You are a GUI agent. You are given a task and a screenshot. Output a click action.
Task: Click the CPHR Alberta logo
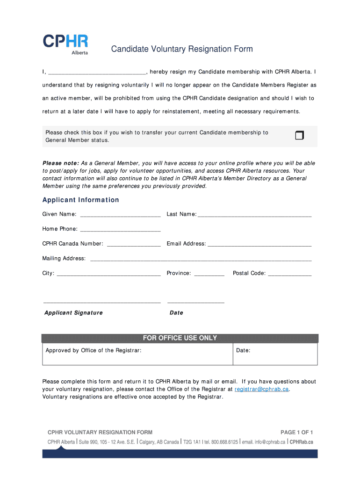point(65,44)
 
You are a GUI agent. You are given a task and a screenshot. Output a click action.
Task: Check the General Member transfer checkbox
point(299,136)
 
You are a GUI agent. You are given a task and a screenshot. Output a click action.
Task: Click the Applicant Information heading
point(80,200)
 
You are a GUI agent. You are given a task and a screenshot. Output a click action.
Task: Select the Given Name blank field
point(120,214)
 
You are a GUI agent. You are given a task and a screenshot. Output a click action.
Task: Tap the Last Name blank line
point(254,214)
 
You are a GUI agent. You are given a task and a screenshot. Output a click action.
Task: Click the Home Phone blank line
point(120,229)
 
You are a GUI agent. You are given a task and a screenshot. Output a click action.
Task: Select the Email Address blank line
point(259,244)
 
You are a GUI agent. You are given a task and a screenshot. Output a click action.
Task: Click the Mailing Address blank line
point(201,259)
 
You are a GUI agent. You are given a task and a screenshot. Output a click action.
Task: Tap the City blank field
point(108,273)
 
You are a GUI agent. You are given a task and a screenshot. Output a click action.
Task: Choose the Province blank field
point(209,273)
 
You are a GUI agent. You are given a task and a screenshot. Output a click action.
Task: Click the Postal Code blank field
point(289,273)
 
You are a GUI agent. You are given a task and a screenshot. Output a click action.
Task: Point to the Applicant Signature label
point(73,312)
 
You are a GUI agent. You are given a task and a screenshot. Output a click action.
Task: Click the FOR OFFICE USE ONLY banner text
point(180,338)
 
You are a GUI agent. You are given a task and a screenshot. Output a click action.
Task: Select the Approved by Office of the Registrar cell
point(137,354)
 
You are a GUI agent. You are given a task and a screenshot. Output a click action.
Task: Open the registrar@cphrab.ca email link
point(262,389)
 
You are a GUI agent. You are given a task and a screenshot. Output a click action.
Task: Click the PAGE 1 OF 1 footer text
point(296,432)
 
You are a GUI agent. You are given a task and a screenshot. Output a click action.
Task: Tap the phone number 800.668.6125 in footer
point(224,442)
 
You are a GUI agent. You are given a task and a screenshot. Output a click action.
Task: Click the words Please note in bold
point(61,163)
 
